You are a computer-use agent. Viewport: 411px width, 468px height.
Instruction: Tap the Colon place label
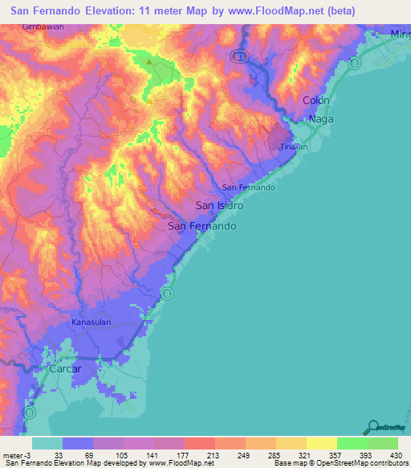pyautogui.click(x=315, y=101)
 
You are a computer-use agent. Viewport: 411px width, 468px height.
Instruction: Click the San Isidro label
pyautogui.click(x=219, y=206)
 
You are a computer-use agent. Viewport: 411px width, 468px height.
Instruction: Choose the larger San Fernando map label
pyautogui.click(x=202, y=227)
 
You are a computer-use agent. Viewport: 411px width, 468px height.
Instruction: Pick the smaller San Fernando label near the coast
pyautogui.click(x=248, y=187)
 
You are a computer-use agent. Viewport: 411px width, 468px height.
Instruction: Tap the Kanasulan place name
pyautogui.click(x=90, y=322)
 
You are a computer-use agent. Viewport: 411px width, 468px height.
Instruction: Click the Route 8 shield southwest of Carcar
pyautogui.click(x=30, y=412)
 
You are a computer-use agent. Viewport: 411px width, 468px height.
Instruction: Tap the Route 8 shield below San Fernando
pyautogui.click(x=167, y=294)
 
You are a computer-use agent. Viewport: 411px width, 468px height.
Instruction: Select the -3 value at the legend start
pyautogui.click(x=28, y=455)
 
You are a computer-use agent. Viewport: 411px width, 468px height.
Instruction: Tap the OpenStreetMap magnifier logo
pyautogui.click(x=372, y=426)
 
